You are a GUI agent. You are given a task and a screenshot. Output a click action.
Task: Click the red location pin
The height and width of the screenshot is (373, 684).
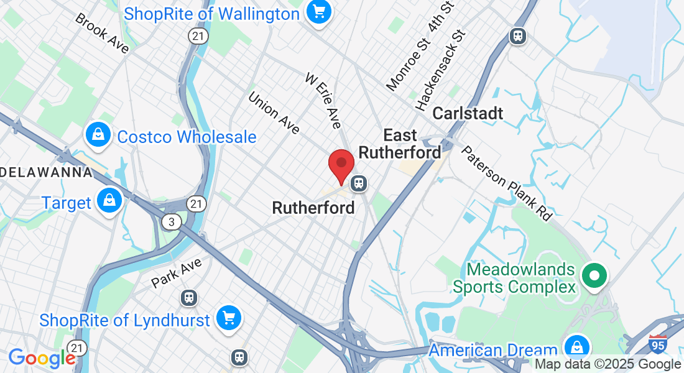(341, 165)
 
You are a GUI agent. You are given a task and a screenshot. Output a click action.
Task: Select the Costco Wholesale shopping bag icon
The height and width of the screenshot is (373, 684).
(98, 135)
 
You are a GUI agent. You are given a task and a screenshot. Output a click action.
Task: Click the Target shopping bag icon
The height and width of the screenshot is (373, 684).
(109, 201)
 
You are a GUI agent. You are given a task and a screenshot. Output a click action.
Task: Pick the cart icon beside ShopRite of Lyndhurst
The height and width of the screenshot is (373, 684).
(229, 318)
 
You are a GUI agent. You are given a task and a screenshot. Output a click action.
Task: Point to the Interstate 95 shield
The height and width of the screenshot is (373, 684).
(657, 343)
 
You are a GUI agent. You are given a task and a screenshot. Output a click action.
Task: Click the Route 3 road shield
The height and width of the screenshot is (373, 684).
(170, 222)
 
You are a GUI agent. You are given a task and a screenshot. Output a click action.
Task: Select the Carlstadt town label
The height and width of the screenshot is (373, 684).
(468, 113)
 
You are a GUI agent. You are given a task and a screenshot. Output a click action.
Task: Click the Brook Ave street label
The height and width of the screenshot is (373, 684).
(102, 32)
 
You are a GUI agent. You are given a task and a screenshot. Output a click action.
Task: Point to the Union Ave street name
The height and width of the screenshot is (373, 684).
(274, 113)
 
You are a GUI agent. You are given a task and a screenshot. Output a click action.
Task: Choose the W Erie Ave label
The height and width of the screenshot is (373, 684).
(323, 100)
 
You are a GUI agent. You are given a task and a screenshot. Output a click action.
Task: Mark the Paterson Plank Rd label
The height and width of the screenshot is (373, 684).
(506, 183)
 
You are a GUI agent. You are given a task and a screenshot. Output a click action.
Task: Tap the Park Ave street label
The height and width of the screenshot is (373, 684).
(177, 273)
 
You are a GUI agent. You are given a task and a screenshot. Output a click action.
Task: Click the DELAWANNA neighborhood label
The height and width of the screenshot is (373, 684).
(46, 172)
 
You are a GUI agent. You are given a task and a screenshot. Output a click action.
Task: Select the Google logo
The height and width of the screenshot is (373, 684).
(41, 357)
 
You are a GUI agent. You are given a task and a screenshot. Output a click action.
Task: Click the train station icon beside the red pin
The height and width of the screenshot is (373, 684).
(358, 183)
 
